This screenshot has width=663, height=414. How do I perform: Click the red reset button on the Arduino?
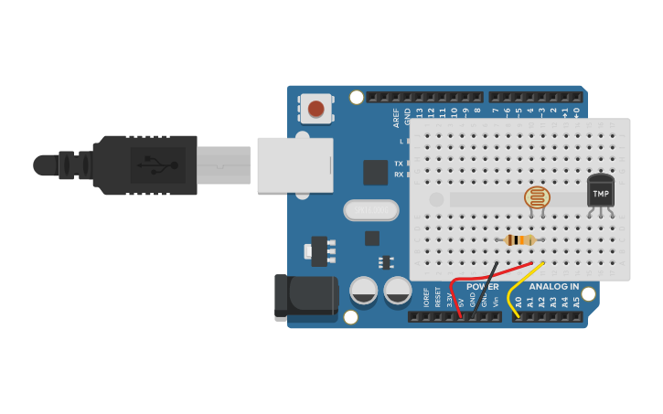point(315,110)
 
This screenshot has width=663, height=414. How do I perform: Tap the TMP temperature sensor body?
point(601,193)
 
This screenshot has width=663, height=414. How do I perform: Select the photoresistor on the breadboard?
point(538,197)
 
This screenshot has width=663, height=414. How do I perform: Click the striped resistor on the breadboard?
point(519,240)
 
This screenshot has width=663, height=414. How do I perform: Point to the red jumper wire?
point(454,293)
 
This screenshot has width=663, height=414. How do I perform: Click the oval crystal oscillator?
point(371,210)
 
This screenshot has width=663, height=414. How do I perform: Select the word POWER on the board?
point(483,287)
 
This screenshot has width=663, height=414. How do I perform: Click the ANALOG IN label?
point(553,287)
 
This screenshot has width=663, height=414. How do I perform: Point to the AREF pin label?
point(396,117)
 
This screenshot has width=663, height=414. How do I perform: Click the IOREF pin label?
point(426,298)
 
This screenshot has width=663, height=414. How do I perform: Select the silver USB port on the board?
point(294,165)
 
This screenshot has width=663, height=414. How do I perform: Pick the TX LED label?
point(399,163)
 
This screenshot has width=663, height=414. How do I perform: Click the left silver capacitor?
point(364,291)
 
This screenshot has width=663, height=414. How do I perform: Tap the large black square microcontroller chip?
point(375,173)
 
